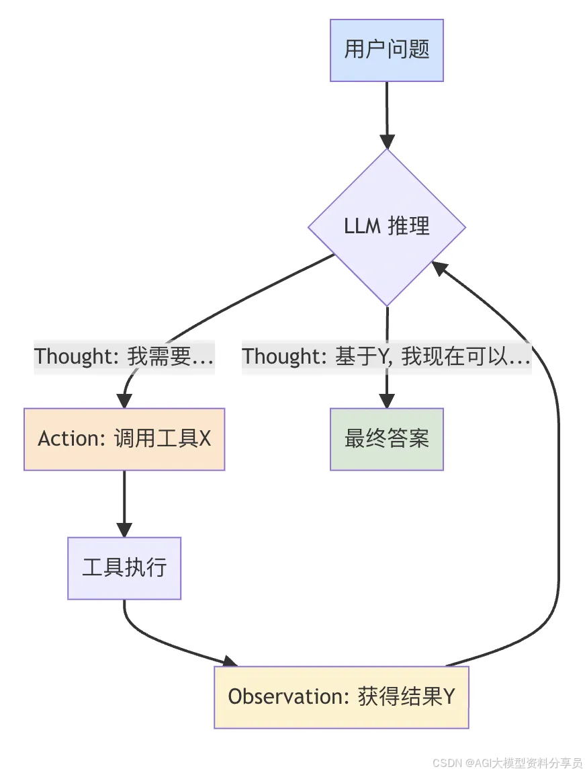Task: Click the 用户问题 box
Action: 387,50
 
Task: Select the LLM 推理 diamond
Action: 387,227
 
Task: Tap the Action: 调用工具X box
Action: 124,439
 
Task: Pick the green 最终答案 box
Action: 387,439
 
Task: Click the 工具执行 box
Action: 124,568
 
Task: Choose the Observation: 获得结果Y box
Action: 341,697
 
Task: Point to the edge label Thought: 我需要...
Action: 124,356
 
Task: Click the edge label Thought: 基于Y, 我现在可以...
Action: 387,356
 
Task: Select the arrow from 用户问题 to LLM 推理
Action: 387,111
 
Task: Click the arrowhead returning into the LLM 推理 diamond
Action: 439,269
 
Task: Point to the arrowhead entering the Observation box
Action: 229,661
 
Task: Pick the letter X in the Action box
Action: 205,439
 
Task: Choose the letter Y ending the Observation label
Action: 449,697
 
